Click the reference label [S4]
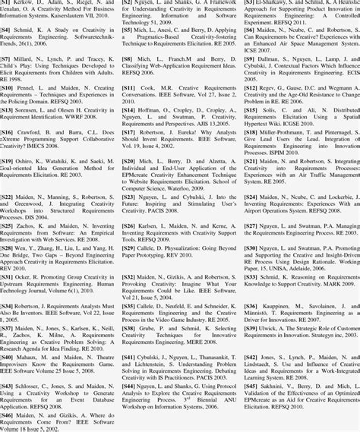(7, 30)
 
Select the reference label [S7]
(7, 58)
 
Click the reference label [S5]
(128, 30)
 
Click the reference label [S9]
(250, 58)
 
